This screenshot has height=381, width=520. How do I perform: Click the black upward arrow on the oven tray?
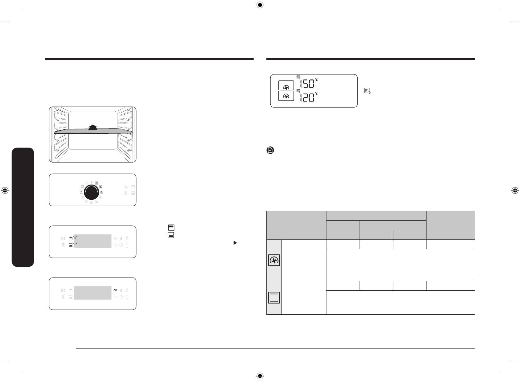[x=93, y=128]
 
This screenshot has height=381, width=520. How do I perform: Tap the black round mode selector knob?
[x=92, y=192]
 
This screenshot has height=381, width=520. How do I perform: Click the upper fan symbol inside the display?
[x=286, y=88]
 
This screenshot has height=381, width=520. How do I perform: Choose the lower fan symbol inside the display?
[x=286, y=96]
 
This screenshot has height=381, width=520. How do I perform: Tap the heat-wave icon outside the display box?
[x=367, y=91]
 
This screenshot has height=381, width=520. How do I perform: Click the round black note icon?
[x=270, y=150]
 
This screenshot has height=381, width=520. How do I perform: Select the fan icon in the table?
[x=274, y=260]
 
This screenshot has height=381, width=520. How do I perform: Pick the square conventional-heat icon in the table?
[x=274, y=298]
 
